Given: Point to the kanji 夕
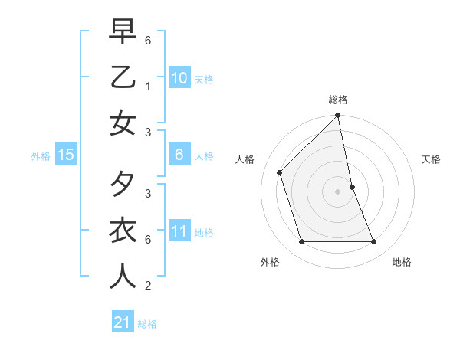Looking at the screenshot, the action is point(123,185).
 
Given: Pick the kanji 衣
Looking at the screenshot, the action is point(123,231).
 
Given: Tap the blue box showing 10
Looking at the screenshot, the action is point(179,77).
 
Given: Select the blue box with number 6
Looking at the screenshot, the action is point(179,155).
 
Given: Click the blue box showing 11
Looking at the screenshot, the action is point(179,231).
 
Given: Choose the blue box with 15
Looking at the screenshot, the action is point(66,155).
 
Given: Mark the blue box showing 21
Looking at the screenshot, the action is point(123,322).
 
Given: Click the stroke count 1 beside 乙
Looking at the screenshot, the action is point(147,86).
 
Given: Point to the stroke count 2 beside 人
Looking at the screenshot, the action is point(147,286).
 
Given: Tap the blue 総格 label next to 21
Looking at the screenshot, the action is point(147,324).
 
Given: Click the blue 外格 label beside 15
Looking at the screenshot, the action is point(41,156).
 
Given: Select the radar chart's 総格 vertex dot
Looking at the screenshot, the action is point(337,116).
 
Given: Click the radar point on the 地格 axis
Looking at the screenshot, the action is point(374,242).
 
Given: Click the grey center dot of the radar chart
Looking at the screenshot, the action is point(337,191).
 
